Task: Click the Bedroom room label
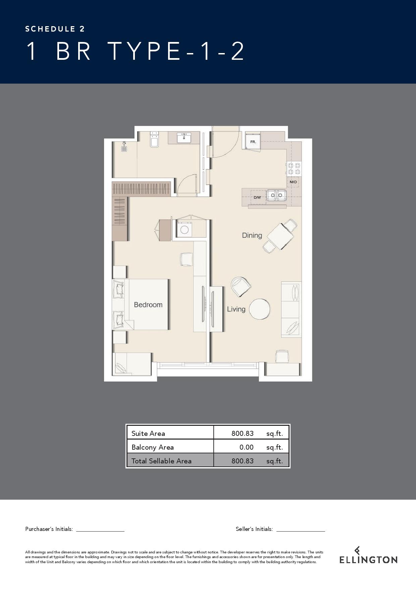click(x=148, y=305)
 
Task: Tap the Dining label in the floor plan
click(x=252, y=235)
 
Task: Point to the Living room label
click(x=236, y=309)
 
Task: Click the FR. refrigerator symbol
click(x=253, y=142)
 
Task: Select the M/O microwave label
click(x=293, y=182)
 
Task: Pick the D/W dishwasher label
click(x=257, y=197)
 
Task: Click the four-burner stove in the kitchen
click(x=294, y=169)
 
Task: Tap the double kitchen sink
click(x=276, y=195)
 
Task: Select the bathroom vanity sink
click(x=184, y=138)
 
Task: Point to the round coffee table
click(x=260, y=309)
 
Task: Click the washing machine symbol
click(x=184, y=230)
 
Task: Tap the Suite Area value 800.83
click(x=243, y=434)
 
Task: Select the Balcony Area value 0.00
click(x=247, y=447)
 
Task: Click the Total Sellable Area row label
click(x=161, y=461)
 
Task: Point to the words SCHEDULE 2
click(x=55, y=29)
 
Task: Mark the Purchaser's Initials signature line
click(x=100, y=531)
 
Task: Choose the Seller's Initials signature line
click(x=301, y=531)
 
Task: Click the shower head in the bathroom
click(x=124, y=147)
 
